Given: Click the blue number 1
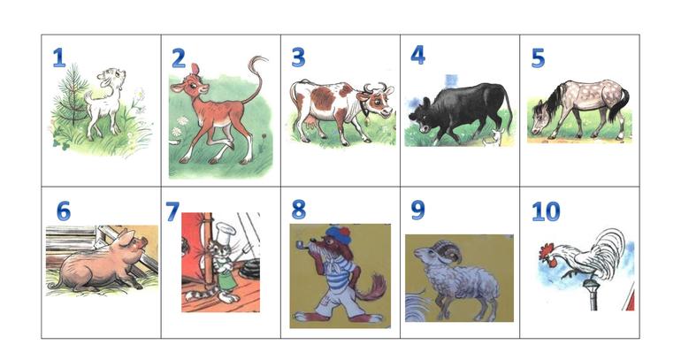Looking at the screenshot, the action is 58,57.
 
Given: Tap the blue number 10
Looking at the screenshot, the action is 546,211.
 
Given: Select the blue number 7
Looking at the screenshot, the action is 172,211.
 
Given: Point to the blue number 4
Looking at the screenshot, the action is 417,55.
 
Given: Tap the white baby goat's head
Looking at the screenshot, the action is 112,78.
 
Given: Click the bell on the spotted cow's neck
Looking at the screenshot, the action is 366,119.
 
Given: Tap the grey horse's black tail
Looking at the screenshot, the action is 619,104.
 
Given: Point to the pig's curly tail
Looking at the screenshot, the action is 54,286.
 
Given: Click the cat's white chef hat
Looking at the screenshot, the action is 225,229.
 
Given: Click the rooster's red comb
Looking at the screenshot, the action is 547,249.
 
